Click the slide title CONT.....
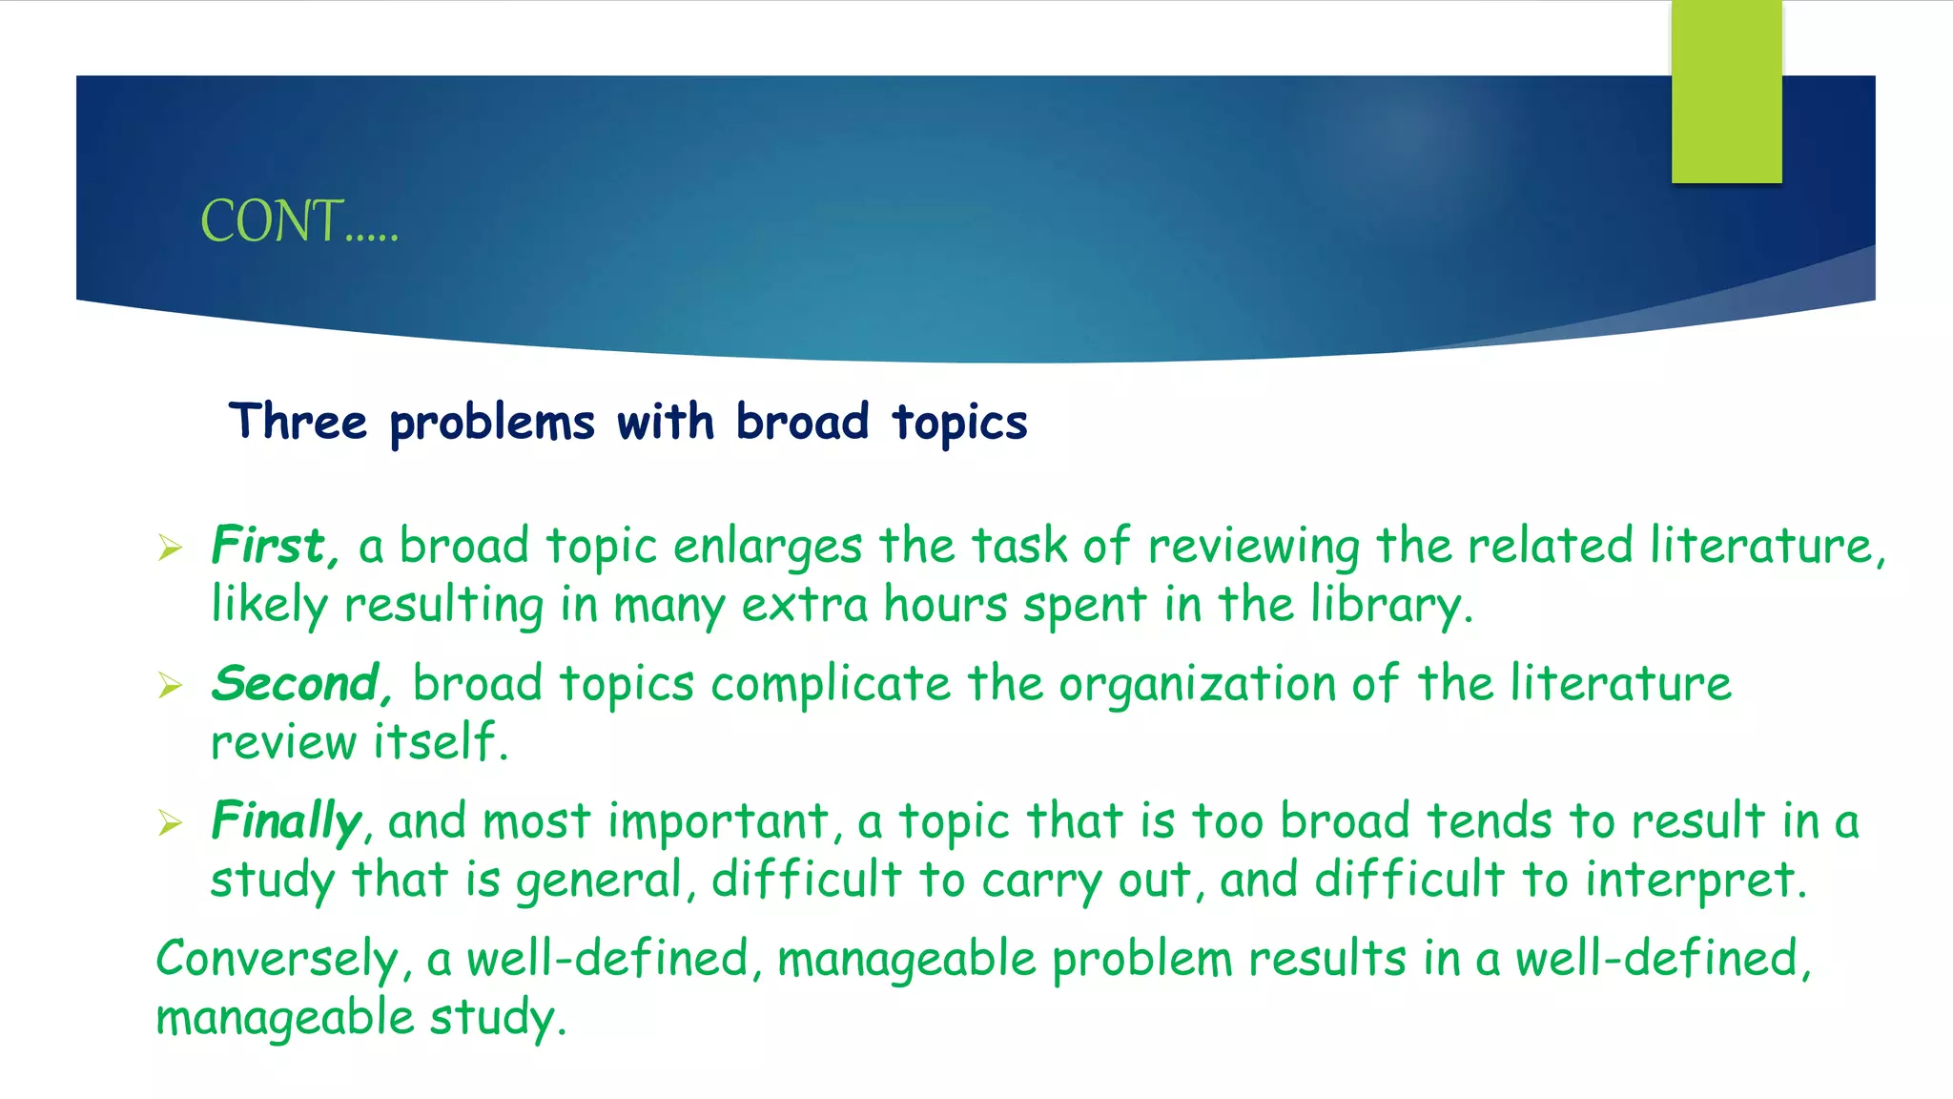tap(298, 221)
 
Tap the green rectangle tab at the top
tap(1726, 93)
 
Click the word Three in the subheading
tap(298, 422)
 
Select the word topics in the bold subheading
tap(959, 422)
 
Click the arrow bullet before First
tap(170, 548)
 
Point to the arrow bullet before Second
tap(170, 685)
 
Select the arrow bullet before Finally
tap(170, 822)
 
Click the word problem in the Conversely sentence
tap(1141, 959)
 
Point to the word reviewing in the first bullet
tap(1253, 547)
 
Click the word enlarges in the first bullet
tap(767, 547)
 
